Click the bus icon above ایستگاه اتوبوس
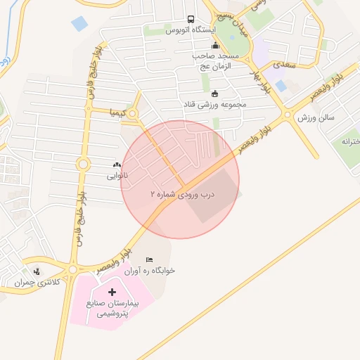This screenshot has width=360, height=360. point(191,20)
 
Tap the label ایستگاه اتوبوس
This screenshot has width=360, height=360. point(191,31)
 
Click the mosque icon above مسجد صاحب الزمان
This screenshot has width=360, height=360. point(215,46)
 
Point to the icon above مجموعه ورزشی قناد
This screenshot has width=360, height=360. point(214,94)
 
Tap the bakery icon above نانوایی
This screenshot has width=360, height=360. point(117,165)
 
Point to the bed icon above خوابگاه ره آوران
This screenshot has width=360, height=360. point(148,259)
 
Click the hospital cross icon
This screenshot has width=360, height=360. point(112,290)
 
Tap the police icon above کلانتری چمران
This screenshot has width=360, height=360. point(37,271)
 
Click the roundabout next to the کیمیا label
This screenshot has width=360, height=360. point(131,112)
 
